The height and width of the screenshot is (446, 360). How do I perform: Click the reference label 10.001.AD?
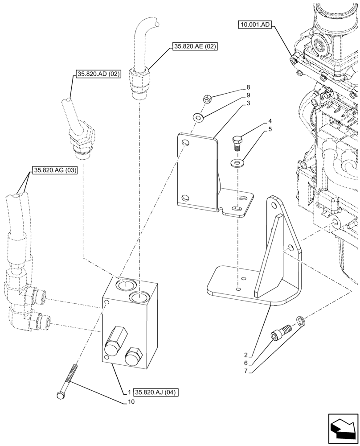[254, 25]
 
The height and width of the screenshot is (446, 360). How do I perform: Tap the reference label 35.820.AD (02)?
[98, 74]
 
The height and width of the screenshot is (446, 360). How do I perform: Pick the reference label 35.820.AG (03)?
[55, 170]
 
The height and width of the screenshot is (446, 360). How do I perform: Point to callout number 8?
[248, 87]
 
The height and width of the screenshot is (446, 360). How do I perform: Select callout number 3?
[248, 103]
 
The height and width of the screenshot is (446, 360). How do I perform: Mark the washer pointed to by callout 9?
[198, 118]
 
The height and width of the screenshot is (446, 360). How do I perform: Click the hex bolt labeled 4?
[237, 144]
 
